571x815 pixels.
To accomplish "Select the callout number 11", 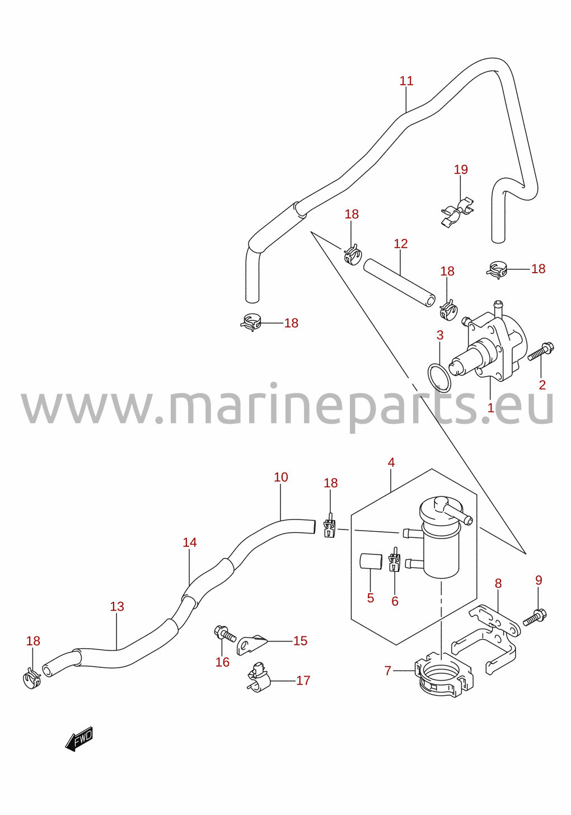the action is tap(406, 81).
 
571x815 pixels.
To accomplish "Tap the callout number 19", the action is tap(461, 170).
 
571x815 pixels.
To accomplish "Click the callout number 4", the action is tap(391, 463).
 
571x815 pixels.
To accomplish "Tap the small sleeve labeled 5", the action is tap(371, 572).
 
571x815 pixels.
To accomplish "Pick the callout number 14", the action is tap(190, 542).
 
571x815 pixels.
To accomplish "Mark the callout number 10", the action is tap(281, 477).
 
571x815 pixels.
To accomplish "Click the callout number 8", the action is tap(498, 584).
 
